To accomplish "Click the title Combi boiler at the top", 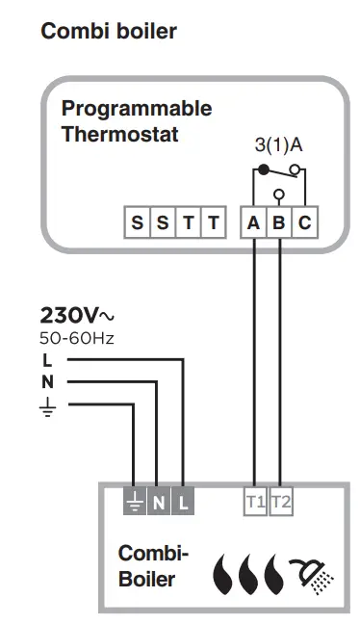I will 109,32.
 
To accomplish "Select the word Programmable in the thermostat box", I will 136,109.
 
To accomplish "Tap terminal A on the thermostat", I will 253,223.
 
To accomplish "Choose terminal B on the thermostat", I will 279,223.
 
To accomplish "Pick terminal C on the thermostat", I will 304,223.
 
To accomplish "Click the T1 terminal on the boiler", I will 255,501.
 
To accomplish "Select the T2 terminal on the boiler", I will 280,501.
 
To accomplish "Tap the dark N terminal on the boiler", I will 159,501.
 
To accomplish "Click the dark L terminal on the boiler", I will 184,501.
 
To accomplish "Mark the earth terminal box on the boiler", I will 134,501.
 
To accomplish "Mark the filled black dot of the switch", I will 262,169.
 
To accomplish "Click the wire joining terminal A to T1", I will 254,366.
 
